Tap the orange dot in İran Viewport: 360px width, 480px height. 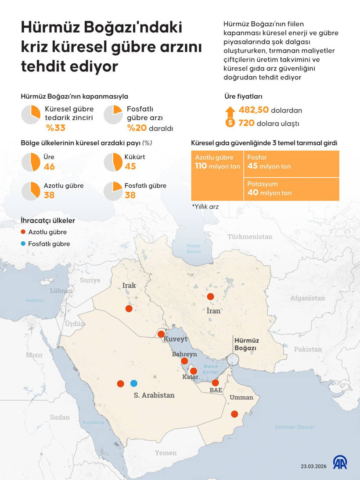click(x=211, y=296)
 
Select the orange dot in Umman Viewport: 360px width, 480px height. click(x=235, y=414)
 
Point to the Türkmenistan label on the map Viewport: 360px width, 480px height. click(x=250, y=237)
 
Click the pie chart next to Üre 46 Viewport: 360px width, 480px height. click(x=31, y=162)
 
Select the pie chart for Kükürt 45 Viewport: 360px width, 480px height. click(x=113, y=162)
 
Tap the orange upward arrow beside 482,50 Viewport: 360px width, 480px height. click(x=230, y=110)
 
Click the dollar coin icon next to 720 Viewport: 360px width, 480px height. click(x=230, y=123)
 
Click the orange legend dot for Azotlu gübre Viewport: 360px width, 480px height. click(x=23, y=232)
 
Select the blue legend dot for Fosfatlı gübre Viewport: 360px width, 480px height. click(x=23, y=244)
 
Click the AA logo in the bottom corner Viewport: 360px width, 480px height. click(x=340, y=462)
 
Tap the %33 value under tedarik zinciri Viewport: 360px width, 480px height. click(x=56, y=128)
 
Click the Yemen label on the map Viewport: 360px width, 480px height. click(x=166, y=453)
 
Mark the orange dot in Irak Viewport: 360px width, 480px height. click(x=129, y=309)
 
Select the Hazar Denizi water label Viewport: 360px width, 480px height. click(x=194, y=248)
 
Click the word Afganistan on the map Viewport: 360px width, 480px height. click(x=307, y=298)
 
